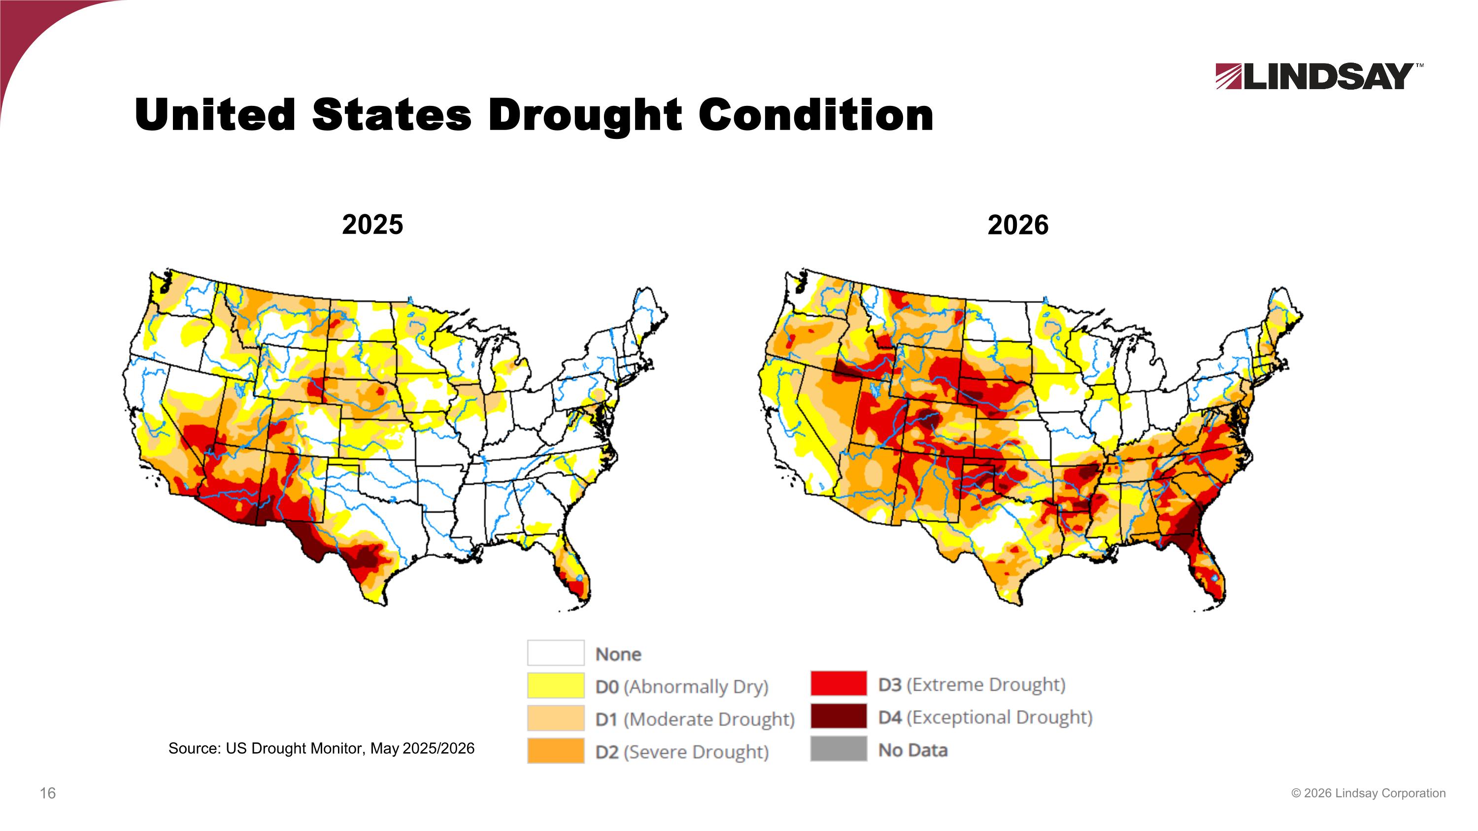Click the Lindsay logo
(x=1318, y=76)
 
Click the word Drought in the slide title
(x=585, y=115)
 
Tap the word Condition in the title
(x=816, y=114)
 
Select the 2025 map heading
(x=372, y=224)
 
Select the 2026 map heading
(x=1018, y=225)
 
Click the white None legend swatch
(x=555, y=653)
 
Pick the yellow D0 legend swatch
(x=555, y=685)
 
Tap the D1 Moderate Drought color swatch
(x=555, y=718)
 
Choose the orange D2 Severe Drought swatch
(x=555, y=751)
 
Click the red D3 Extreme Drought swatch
(x=838, y=683)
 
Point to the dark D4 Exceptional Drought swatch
(x=838, y=716)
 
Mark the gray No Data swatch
(x=838, y=748)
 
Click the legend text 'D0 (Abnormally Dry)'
(x=682, y=687)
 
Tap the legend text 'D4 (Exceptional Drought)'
(x=985, y=717)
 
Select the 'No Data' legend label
(x=912, y=750)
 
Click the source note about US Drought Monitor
(x=321, y=748)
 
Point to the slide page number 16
(x=48, y=793)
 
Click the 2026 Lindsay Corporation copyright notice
(x=1369, y=793)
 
